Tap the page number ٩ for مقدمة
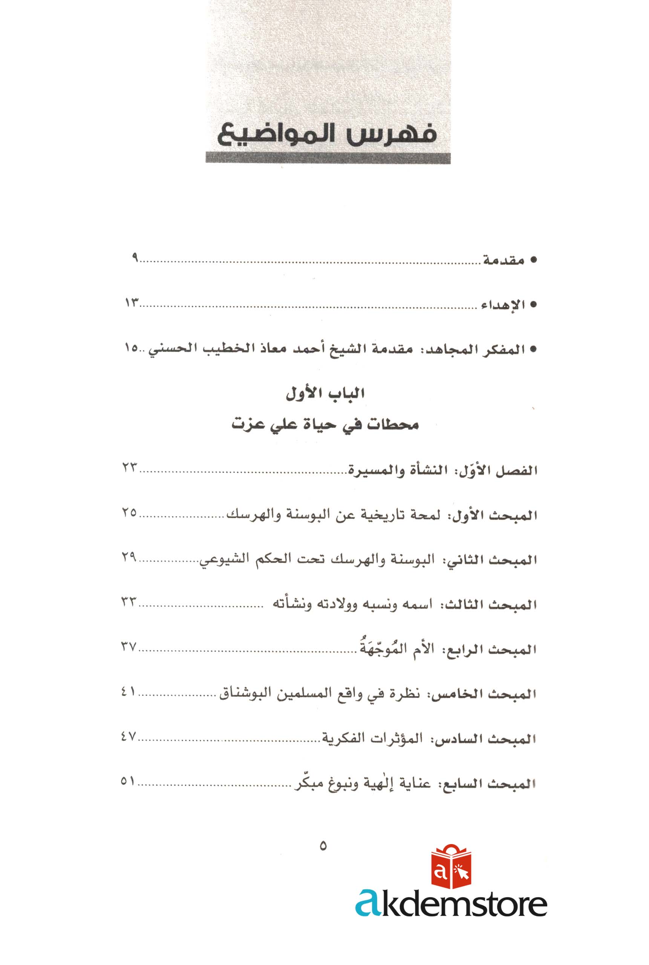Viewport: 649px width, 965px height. pyautogui.click(x=135, y=257)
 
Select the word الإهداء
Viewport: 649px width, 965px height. pyautogui.click(x=502, y=305)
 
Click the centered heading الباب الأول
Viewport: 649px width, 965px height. pyautogui.click(x=325, y=393)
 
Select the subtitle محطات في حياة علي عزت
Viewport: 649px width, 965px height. pyautogui.click(x=325, y=425)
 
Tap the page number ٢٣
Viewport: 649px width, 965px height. pyautogui.click(x=129, y=468)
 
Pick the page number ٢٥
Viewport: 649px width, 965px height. pyautogui.click(x=129, y=512)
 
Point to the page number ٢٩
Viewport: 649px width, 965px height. pyautogui.click(x=129, y=557)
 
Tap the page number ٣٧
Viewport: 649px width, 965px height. pyautogui.click(x=129, y=646)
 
